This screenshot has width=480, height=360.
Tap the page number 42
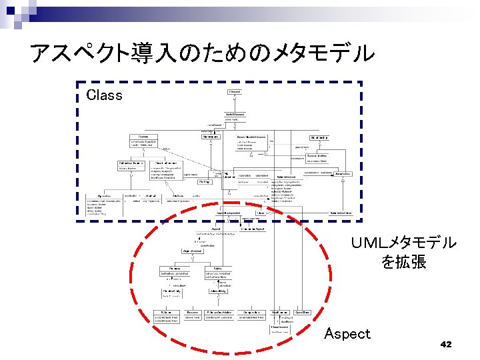tap(446, 344)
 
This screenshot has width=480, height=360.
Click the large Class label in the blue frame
tap(105, 95)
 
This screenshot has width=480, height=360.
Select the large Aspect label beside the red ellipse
tap(347, 333)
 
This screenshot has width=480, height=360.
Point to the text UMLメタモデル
tap(404, 243)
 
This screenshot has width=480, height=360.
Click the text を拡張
tap(404, 262)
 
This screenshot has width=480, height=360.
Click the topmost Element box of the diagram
tap(235, 91)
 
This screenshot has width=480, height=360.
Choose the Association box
tap(343, 173)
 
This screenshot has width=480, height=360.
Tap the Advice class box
tap(215, 268)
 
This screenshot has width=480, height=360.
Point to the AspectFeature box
tap(192, 251)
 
